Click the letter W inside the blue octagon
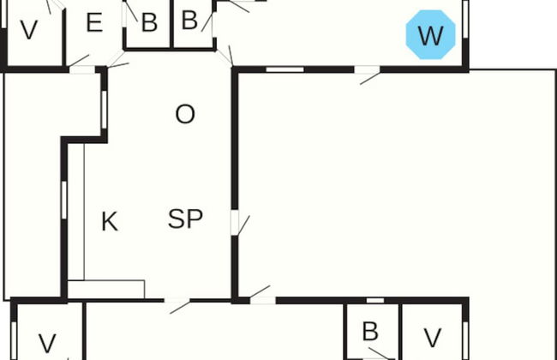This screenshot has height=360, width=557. click(x=429, y=36)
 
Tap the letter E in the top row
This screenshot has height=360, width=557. click(x=94, y=23)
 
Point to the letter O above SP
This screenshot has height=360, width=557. click(x=184, y=114)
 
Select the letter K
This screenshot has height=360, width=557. click(x=109, y=222)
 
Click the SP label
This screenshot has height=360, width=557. click(x=185, y=219)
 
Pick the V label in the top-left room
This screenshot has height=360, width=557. click(x=29, y=31)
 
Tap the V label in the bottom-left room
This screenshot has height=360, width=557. click(x=47, y=344)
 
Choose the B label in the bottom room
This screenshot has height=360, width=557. click(x=370, y=332)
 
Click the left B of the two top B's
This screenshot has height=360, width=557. click(x=149, y=23)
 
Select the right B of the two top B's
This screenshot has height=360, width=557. click(x=190, y=19)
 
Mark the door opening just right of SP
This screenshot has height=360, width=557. click(x=234, y=222)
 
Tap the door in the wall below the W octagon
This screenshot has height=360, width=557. click(x=368, y=70)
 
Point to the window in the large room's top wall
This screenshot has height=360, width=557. click(x=284, y=69)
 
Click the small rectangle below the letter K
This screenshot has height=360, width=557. click(x=105, y=289)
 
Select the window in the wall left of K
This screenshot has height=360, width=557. click(x=64, y=197)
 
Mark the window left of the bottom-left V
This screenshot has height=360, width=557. click(x=14, y=339)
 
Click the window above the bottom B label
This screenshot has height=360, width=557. click(x=374, y=300)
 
